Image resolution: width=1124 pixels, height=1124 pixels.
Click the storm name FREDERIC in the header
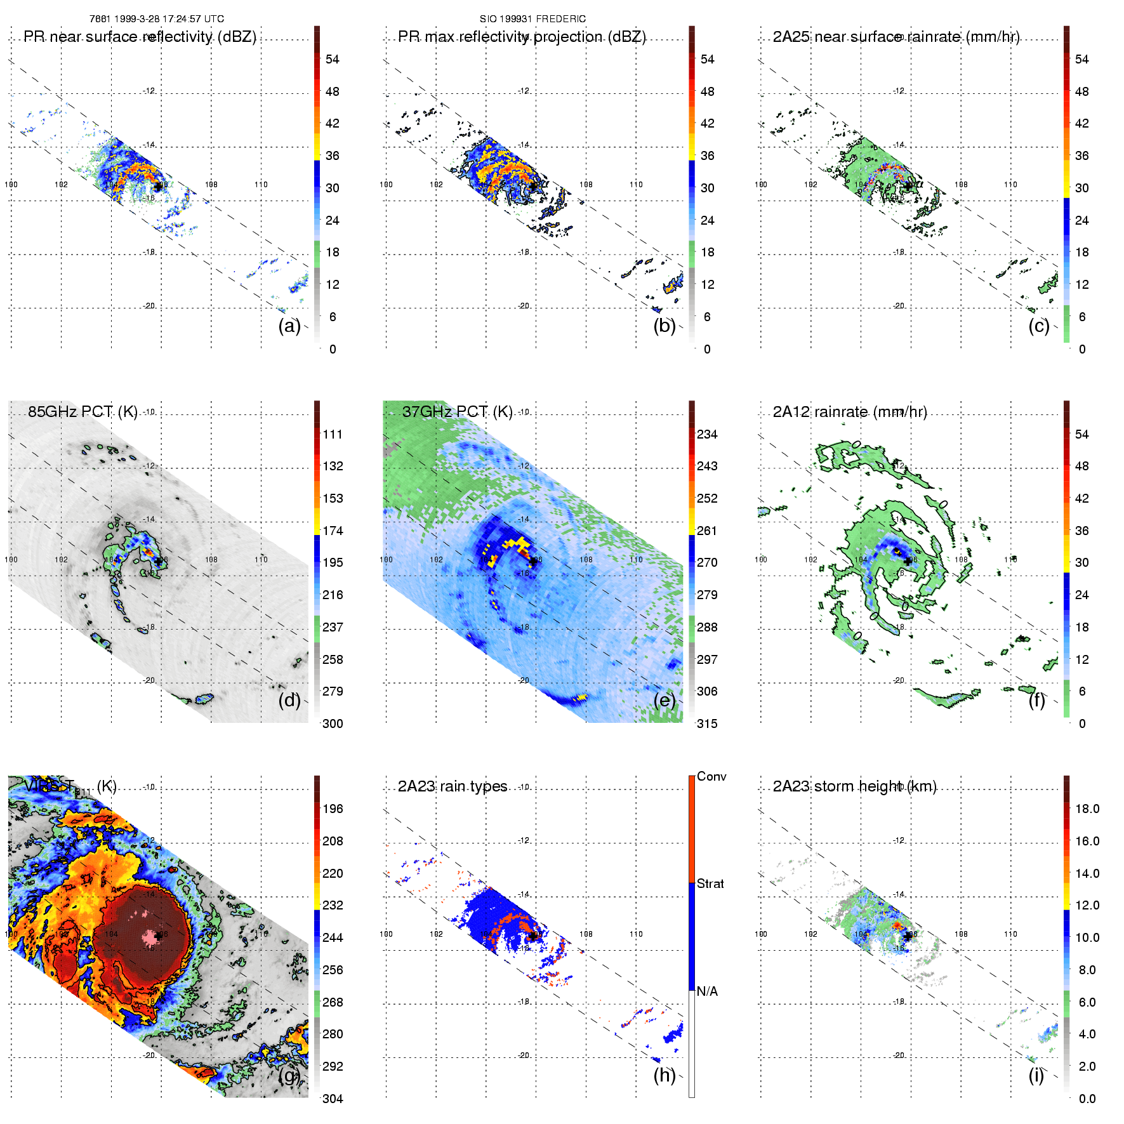tap(561, 19)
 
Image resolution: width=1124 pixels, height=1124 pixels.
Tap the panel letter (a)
tap(289, 326)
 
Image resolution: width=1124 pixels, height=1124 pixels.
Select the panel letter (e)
tap(664, 700)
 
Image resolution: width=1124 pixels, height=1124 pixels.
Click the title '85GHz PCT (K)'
tap(83, 412)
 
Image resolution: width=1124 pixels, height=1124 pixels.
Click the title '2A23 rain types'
tap(453, 786)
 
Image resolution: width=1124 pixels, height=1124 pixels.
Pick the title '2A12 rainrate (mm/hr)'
tap(850, 412)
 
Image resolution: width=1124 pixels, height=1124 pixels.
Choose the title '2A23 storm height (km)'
tap(854, 786)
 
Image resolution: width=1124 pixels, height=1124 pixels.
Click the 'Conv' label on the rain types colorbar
tap(711, 776)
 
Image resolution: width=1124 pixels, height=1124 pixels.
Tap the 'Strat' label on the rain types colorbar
tap(710, 883)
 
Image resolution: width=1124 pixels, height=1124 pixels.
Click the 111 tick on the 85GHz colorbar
tap(333, 434)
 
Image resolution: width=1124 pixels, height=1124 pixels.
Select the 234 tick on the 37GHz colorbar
tap(707, 434)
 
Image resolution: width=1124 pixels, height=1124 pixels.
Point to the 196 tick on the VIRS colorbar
tap(333, 809)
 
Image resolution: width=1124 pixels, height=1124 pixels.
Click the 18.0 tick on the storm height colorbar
tap(1087, 809)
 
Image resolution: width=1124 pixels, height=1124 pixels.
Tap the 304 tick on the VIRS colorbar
tap(333, 1099)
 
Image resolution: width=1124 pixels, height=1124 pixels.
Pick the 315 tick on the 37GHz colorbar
tap(707, 724)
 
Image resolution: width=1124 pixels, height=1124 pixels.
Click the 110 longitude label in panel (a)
tap(261, 185)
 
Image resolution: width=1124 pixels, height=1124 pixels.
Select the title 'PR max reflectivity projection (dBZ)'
tap(522, 37)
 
